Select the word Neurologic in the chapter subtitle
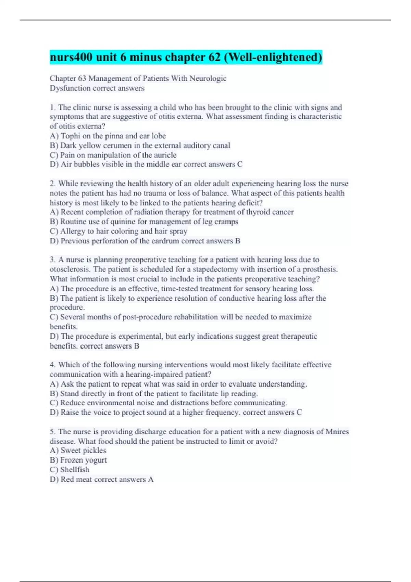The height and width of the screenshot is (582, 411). click(x=208, y=78)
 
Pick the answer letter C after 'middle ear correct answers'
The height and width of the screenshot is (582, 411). click(x=240, y=164)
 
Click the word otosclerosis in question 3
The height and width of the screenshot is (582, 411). click(x=70, y=269)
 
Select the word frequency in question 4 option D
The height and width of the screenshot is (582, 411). click(x=223, y=413)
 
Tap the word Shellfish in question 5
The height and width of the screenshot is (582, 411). click(x=75, y=470)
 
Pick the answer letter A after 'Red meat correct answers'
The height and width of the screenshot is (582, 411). click(x=151, y=479)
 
